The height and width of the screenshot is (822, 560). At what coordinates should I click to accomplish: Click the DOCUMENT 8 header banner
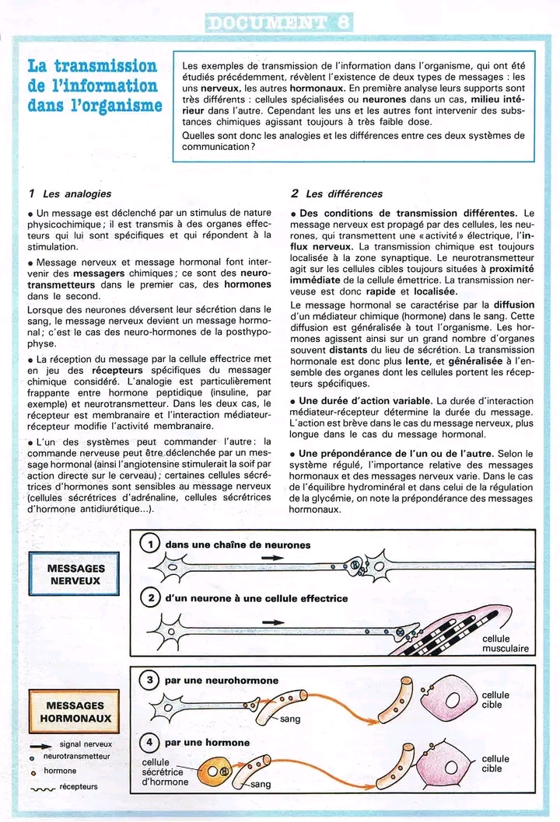click(279, 21)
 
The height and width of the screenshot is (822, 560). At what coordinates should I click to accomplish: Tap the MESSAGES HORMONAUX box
click(75, 712)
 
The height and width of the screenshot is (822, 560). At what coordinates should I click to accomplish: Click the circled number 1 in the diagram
click(151, 545)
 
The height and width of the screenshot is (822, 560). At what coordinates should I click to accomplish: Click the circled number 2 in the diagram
click(151, 597)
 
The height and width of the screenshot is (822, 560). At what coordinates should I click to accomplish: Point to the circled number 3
click(151, 680)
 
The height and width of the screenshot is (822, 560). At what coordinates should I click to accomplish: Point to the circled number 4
click(151, 742)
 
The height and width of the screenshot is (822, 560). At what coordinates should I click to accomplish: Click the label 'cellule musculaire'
click(505, 643)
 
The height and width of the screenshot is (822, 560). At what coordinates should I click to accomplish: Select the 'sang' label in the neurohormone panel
click(290, 719)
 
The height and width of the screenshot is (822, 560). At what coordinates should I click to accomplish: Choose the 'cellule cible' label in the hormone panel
click(495, 763)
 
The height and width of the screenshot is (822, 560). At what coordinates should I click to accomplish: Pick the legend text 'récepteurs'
click(79, 786)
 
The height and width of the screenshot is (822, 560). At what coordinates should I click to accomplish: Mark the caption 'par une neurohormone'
click(221, 680)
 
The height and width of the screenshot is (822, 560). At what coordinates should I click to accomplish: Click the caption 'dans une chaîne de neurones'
click(237, 545)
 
